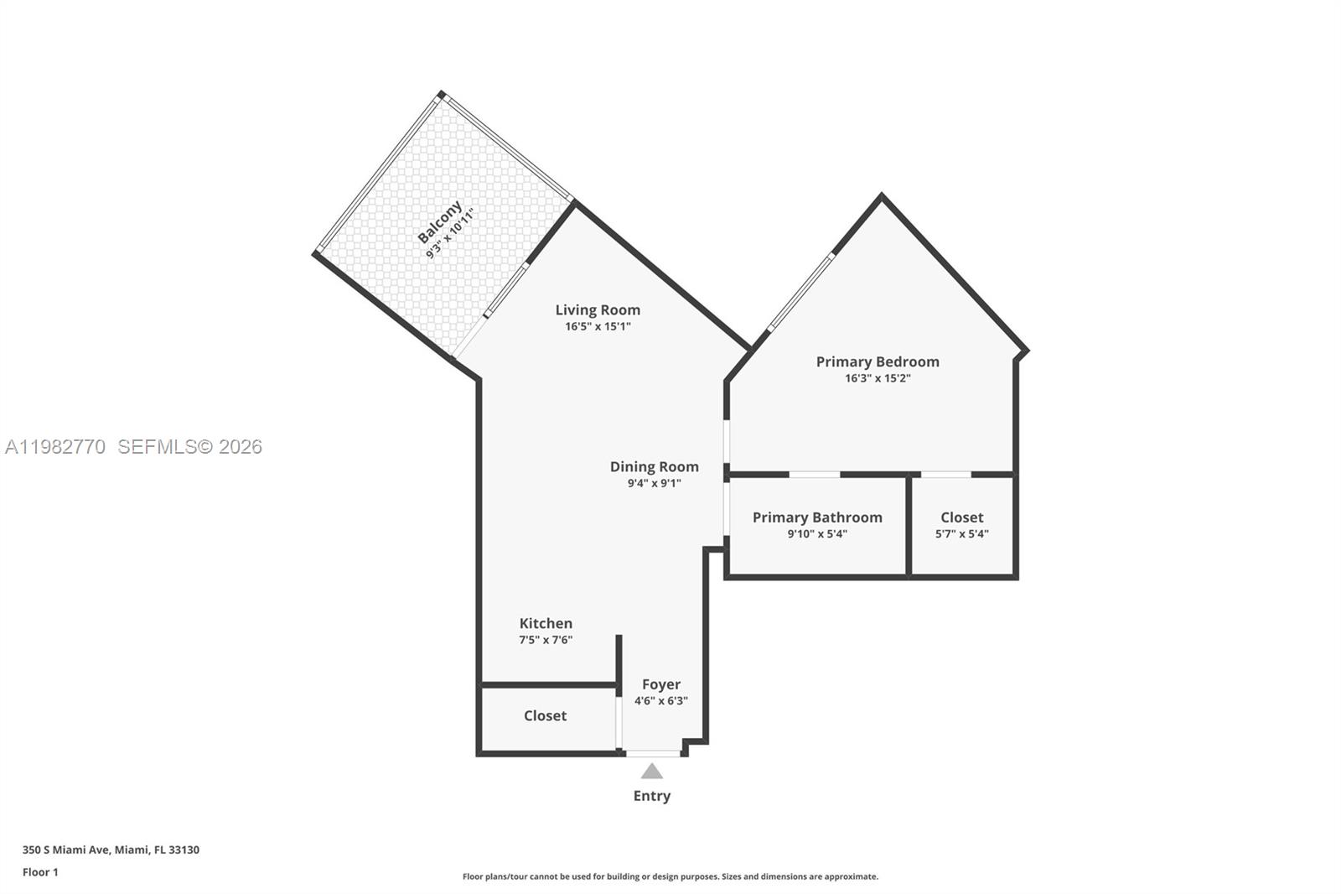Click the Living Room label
coord(598,310)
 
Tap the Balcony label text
coord(439,222)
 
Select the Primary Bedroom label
coord(878,361)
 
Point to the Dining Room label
coord(654,467)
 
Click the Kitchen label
coord(546,623)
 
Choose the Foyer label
coord(661,684)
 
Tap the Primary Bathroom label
coord(817,517)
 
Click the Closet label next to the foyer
coord(545,715)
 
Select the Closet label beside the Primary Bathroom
coord(961,517)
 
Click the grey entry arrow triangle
coord(652,772)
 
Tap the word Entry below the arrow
coord(652,796)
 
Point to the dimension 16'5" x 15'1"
coord(598,326)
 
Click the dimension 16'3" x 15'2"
coord(878,378)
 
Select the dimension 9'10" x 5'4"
coord(817,533)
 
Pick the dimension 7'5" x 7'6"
coord(546,640)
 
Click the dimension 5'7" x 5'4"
coord(961,533)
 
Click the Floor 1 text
coord(40,872)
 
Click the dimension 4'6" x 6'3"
coord(661,701)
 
